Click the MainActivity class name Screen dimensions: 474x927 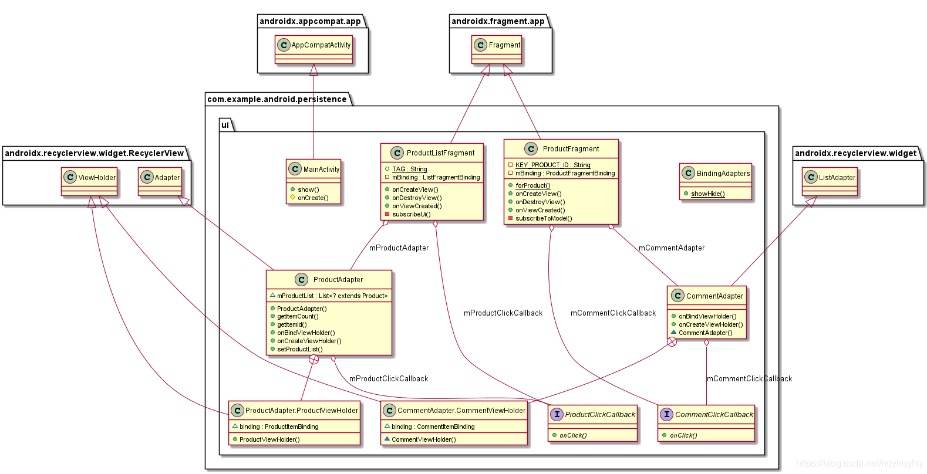point(321,170)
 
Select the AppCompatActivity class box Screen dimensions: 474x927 point(314,50)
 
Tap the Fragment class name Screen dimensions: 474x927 point(504,45)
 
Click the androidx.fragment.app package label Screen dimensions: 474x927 point(498,22)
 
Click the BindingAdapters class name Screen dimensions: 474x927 point(723,174)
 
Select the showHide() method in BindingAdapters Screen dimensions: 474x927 point(707,194)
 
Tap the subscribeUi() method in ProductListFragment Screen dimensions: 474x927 point(411,214)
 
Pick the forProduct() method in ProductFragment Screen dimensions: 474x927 point(533,185)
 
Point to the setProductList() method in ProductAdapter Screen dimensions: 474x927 point(299,349)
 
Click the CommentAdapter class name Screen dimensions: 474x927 point(714,296)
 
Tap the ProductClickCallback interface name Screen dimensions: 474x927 point(600,415)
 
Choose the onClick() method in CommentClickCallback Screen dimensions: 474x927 point(683,435)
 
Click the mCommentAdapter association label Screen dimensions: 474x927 point(671,248)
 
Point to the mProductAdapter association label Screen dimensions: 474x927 point(399,248)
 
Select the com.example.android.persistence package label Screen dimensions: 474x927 point(277,99)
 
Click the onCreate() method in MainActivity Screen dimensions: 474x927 point(313,198)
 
